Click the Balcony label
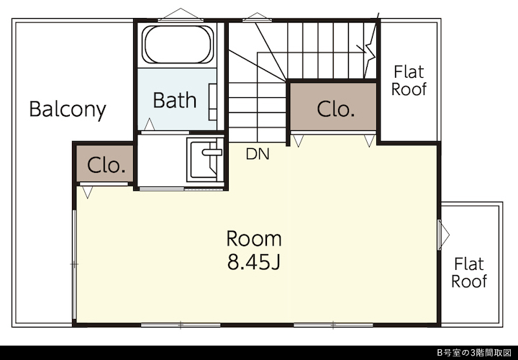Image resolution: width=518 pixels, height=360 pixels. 68,109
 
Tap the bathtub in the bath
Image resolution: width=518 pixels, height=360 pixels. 178,44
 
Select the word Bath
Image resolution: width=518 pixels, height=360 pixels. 175,100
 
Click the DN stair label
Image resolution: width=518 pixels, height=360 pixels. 258,154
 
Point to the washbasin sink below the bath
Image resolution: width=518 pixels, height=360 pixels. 205,159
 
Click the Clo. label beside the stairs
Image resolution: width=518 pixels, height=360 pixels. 336,109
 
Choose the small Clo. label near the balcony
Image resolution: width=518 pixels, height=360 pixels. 106,166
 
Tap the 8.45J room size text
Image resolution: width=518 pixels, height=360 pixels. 254,263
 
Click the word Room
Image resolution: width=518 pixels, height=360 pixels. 254,238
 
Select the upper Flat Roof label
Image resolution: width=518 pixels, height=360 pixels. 409,81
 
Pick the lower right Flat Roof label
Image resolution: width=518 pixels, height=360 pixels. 469,273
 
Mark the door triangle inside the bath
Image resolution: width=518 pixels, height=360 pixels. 150,125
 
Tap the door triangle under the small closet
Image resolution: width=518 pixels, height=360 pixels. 87,192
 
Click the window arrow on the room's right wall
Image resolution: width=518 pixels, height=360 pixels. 444,235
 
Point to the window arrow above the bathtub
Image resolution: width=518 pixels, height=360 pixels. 181,14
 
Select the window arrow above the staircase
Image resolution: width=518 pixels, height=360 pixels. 258,17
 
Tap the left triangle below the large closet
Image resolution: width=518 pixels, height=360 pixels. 299,141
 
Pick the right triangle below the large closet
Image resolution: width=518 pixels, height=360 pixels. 369,141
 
